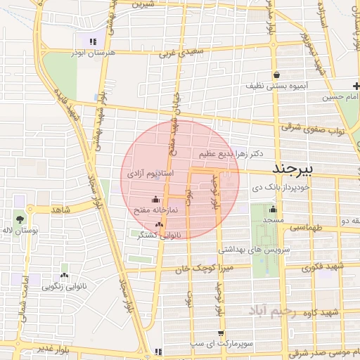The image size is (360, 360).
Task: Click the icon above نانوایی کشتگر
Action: click(159, 225)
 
